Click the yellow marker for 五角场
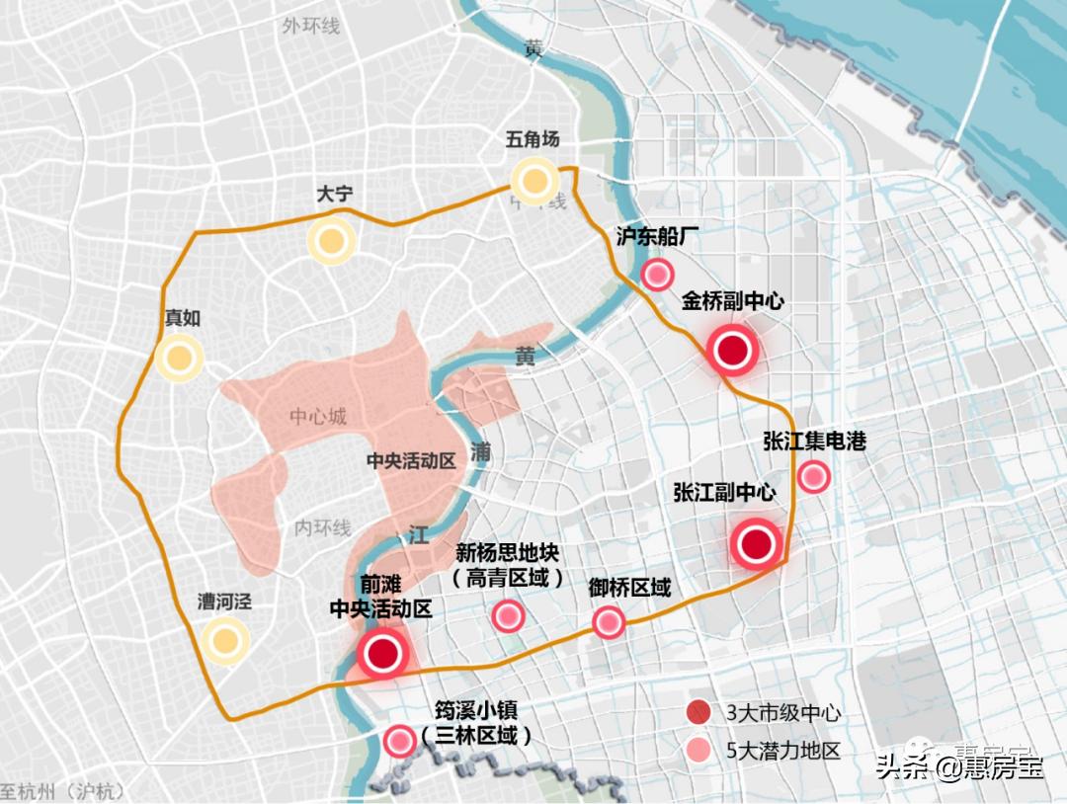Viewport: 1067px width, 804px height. [534, 181]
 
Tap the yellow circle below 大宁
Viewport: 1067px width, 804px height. [330, 241]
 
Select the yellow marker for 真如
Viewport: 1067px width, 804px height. [179, 359]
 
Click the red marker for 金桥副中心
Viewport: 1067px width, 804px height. [732, 351]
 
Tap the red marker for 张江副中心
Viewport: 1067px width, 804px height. [756, 543]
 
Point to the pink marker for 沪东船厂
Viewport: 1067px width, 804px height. [657, 276]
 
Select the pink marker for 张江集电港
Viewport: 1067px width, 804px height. [813, 477]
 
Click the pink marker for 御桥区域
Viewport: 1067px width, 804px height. [609, 622]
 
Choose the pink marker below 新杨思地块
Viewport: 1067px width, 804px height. [508, 616]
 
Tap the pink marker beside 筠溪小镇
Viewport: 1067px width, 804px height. [399, 741]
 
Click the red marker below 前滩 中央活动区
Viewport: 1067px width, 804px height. [382, 653]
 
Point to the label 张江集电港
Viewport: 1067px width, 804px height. [814, 441]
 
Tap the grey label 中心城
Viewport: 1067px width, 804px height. [318, 417]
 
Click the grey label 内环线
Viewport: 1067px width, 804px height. [323, 528]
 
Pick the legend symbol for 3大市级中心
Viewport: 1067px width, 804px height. [699, 712]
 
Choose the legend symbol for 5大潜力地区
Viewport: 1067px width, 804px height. [699, 750]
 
